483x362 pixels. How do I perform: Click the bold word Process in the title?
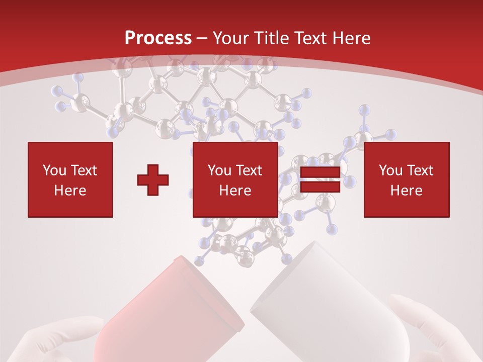coord(158,38)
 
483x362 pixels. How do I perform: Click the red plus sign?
coord(153,180)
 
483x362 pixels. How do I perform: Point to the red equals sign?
coord(320,179)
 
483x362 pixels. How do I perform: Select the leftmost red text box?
coord(70,179)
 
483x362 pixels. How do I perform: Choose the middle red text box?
coord(235,179)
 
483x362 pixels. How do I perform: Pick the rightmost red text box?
coord(407,179)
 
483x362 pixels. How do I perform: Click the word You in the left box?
coord(54,170)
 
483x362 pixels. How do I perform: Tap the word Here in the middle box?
coord(235,191)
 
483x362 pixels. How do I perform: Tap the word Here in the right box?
coord(407,191)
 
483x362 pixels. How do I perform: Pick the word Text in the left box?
coord(84,170)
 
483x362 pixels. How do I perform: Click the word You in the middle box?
coord(219,170)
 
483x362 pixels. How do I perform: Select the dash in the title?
coord(202,38)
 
